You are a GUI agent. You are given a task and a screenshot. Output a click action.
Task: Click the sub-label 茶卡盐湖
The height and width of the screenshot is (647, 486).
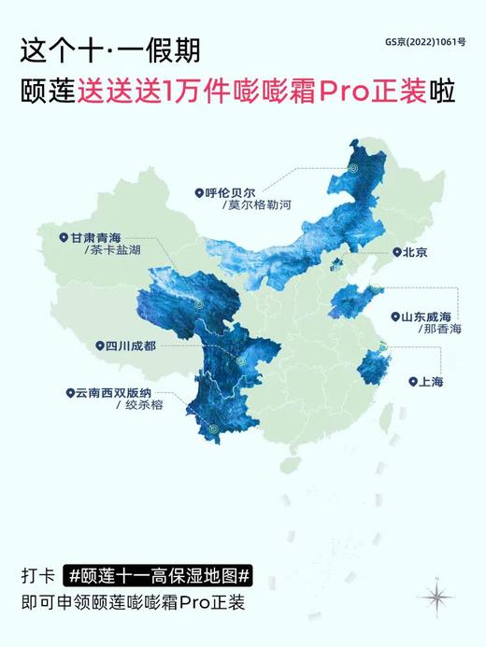click(x=109, y=251)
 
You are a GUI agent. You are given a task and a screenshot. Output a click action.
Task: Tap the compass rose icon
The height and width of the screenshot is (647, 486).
click(x=435, y=593)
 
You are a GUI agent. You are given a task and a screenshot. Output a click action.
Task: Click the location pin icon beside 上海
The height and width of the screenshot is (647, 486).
click(x=411, y=382)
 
